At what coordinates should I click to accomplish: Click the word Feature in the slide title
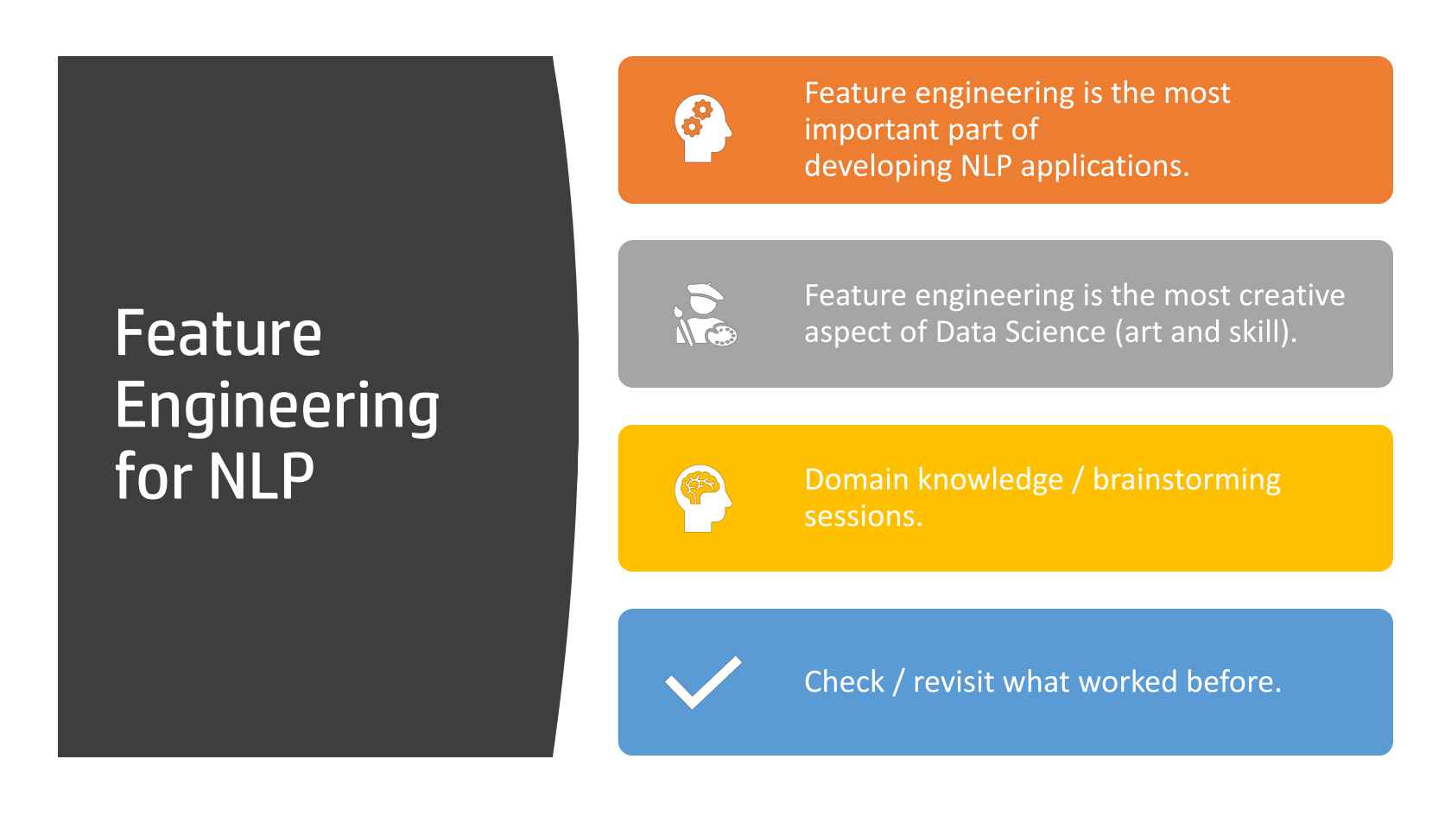[x=219, y=333]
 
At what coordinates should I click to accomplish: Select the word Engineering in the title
[x=277, y=407]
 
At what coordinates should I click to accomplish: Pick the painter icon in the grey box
[x=705, y=314]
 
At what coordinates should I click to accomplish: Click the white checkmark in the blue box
[x=703, y=682]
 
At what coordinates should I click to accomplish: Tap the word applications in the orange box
[x=1106, y=168]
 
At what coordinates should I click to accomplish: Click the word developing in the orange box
[x=878, y=168]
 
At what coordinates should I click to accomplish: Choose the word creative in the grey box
[x=1291, y=296]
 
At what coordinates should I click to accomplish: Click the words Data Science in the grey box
[x=1020, y=332]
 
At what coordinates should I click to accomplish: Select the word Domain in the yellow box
[x=857, y=480]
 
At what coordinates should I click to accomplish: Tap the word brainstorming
[x=1187, y=481]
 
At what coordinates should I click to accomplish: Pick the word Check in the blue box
[x=844, y=682]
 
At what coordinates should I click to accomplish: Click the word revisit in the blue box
[x=953, y=682]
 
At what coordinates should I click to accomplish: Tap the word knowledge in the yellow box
[x=991, y=481]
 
